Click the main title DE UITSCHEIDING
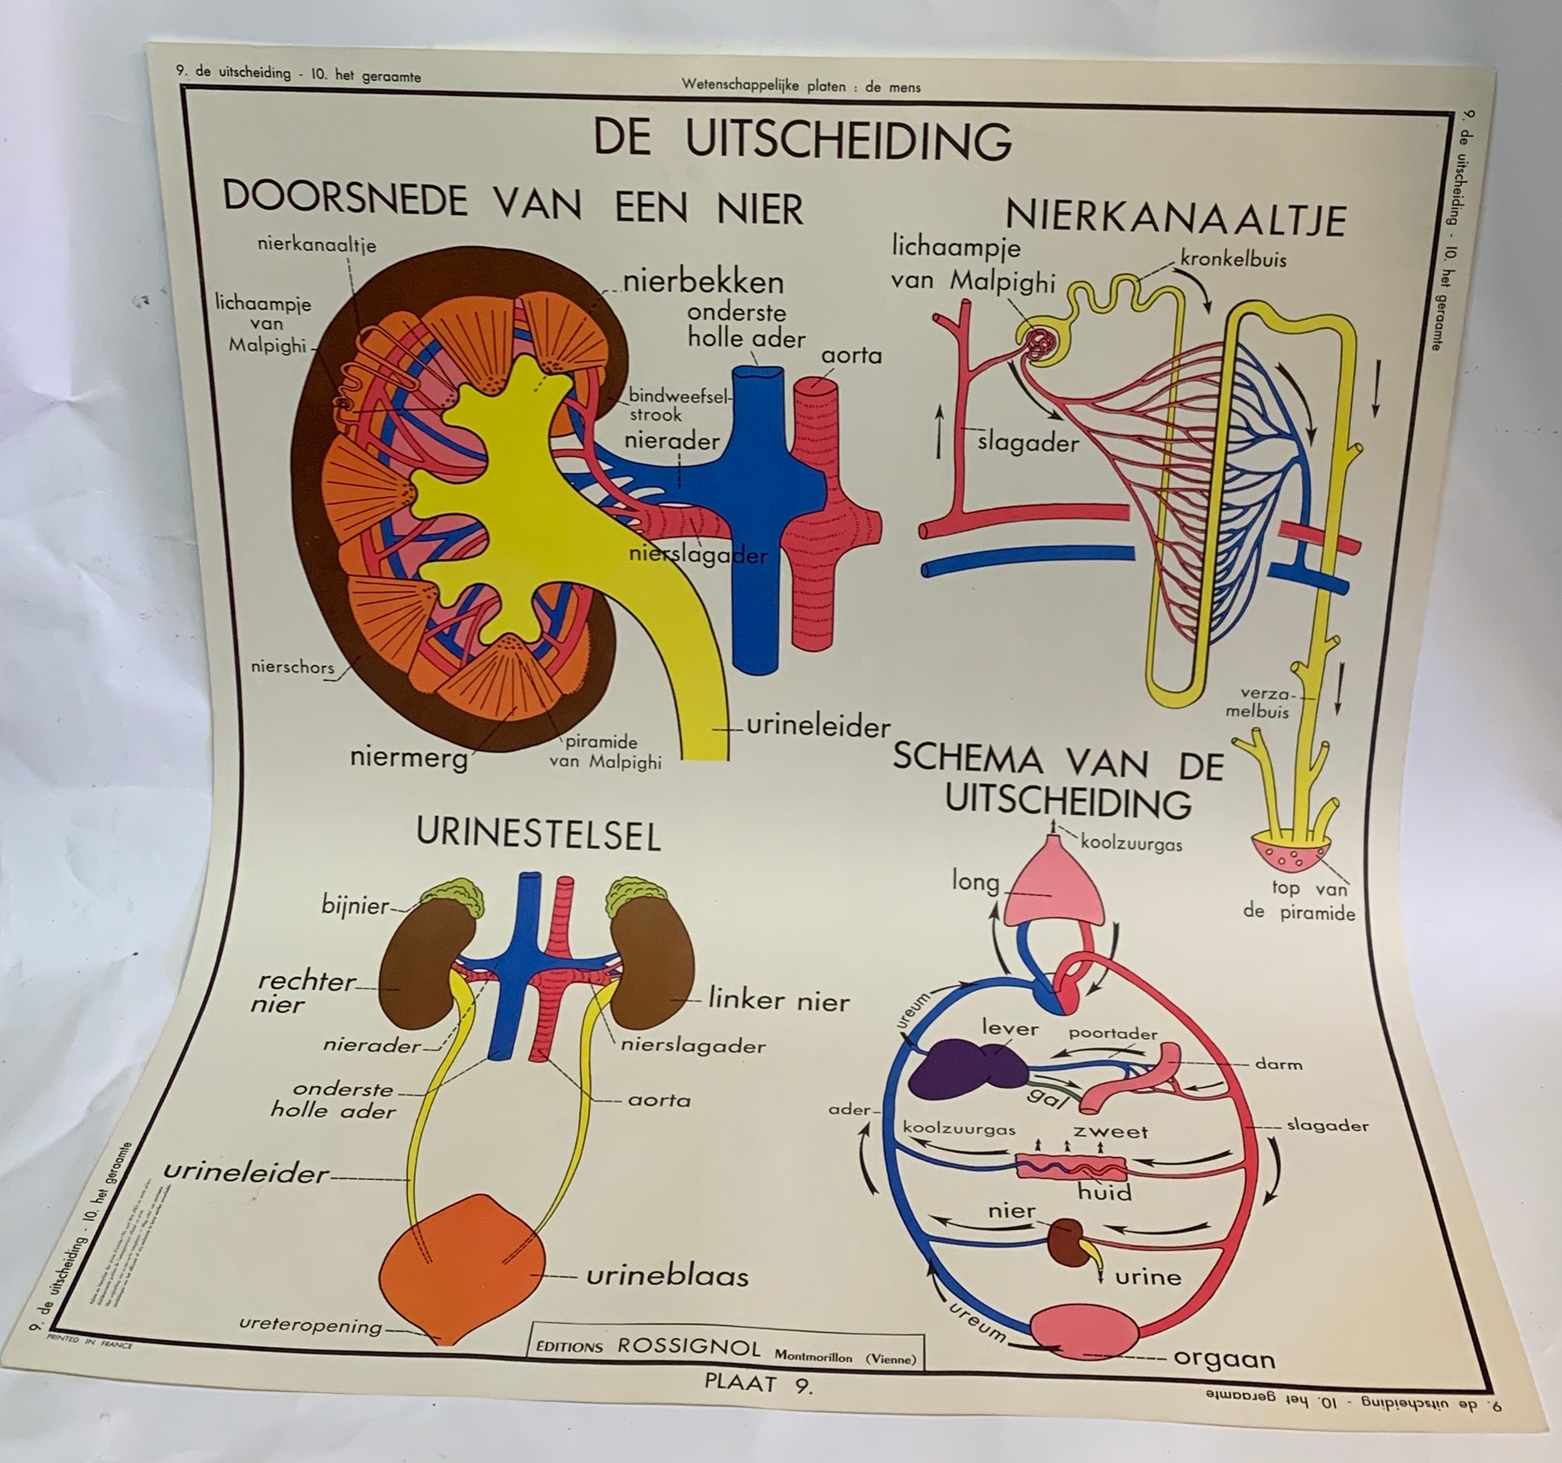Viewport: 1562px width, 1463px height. pyautogui.click(x=802, y=140)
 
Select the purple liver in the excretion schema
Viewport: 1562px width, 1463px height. pyautogui.click(x=967, y=1068)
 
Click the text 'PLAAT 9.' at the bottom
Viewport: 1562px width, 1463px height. pyautogui.click(x=757, y=1384)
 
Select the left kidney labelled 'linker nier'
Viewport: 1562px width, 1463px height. pyautogui.click(x=652, y=962)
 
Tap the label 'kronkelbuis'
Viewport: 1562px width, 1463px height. pyautogui.click(x=1233, y=259)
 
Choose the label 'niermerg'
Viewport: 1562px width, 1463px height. pyautogui.click(x=409, y=757)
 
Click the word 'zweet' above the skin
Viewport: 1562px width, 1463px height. pyautogui.click(x=1110, y=1131)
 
